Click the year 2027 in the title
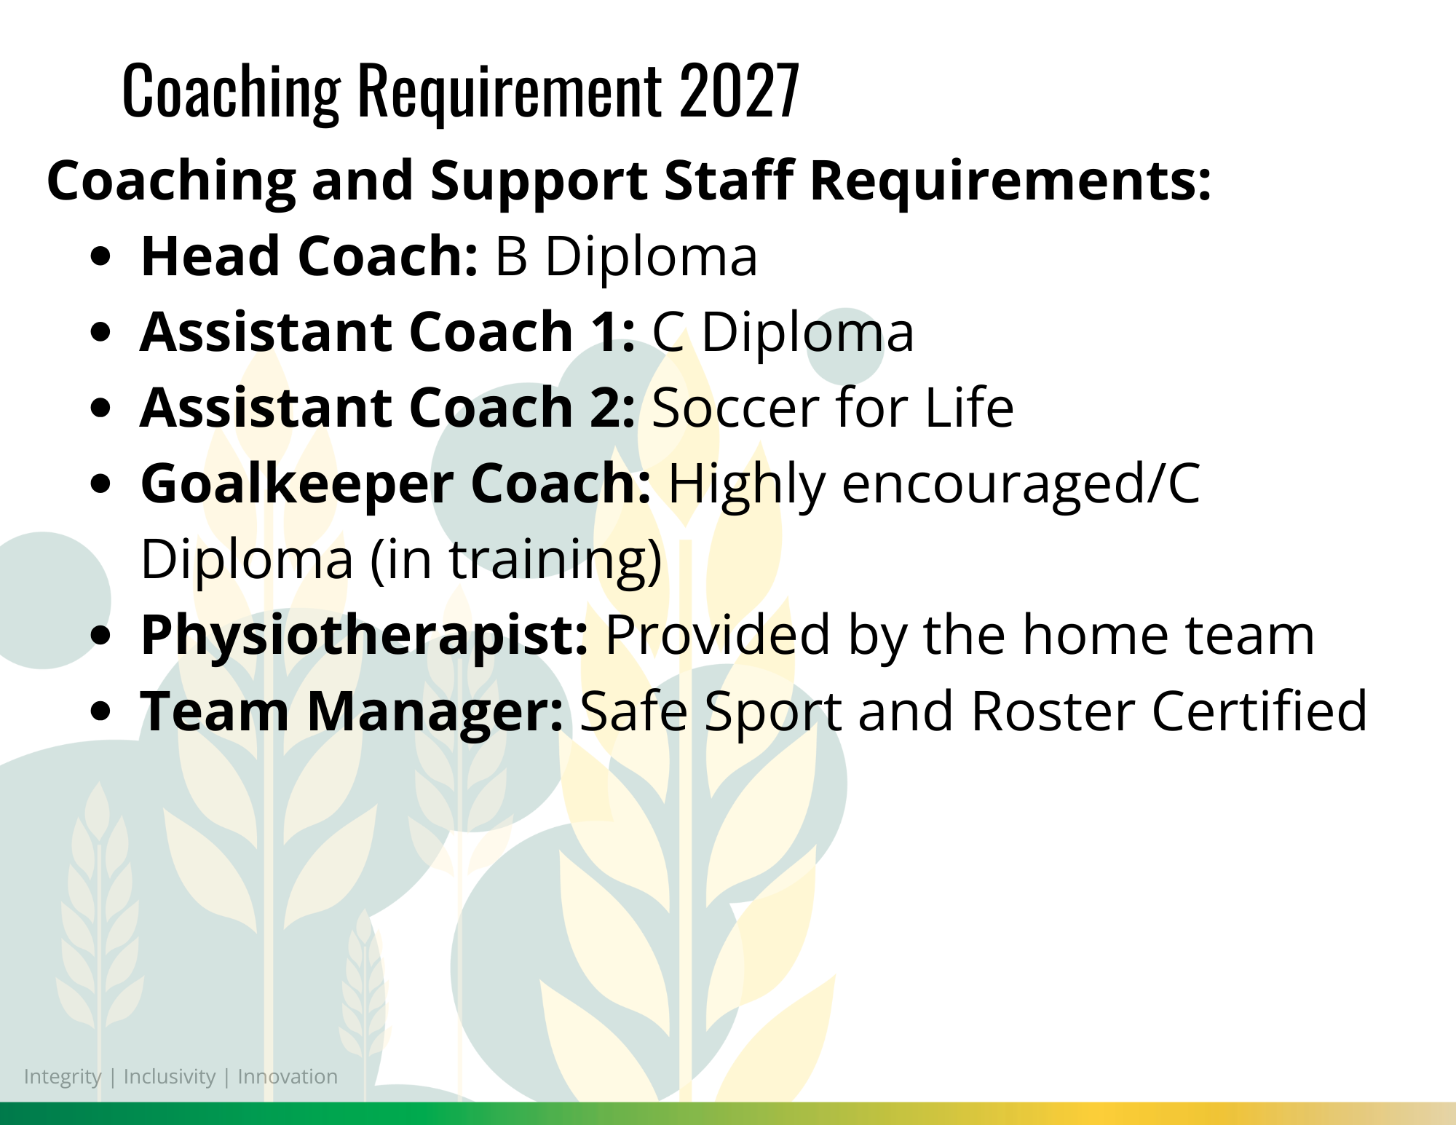coord(739,90)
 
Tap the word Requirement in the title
coord(510,94)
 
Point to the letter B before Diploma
coord(511,257)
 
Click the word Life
coord(969,408)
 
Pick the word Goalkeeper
coord(297,485)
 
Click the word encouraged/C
coord(1021,483)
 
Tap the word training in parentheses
coord(547,561)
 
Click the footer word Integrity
coord(63,1077)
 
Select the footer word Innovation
coord(288,1076)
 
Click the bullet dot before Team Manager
coord(102,711)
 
